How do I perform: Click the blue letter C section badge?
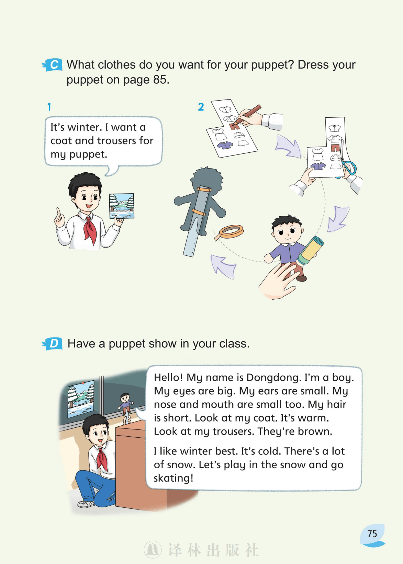point(52,65)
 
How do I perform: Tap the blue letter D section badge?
point(52,343)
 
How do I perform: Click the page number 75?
point(372,533)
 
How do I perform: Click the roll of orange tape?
point(231,232)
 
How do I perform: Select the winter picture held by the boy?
point(122,206)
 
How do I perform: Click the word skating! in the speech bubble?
point(173,478)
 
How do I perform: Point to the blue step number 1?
point(49,107)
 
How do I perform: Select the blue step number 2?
point(201,107)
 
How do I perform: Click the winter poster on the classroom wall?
point(81,398)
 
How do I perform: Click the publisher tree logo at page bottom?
point(153,550)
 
